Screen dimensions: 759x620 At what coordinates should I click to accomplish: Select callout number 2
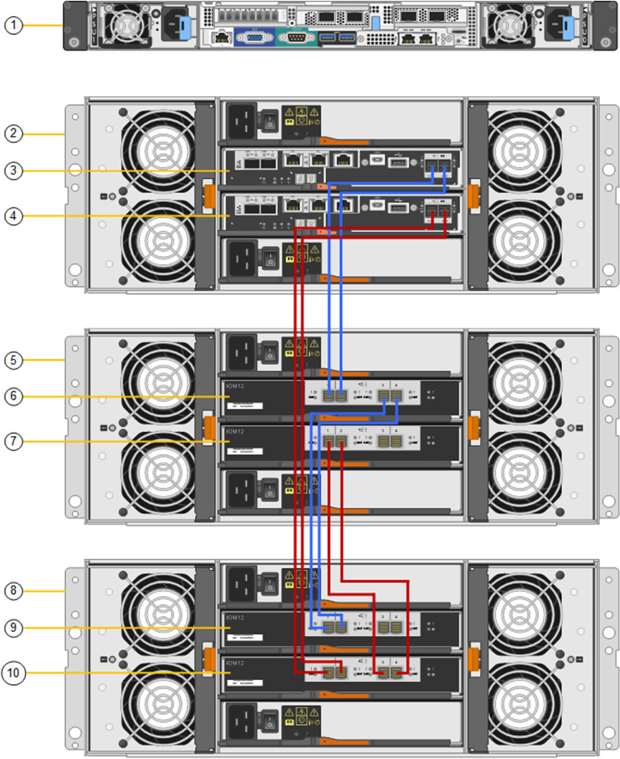[x=14, y=134]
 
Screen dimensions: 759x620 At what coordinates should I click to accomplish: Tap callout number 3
[x=14, y=171]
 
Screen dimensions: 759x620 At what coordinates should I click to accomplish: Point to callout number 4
[x=14, y=216]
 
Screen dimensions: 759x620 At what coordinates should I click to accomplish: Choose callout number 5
[x=14, y=359]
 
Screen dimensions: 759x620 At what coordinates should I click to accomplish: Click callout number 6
[x=14, y=396]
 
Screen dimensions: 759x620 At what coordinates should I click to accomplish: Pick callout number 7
[x=14, y=442]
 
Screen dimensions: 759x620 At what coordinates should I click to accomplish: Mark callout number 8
[x=14, y=590]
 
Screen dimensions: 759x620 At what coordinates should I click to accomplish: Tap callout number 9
[x=14, y=627]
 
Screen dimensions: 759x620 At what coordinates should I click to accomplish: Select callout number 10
[x=14, y=672]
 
